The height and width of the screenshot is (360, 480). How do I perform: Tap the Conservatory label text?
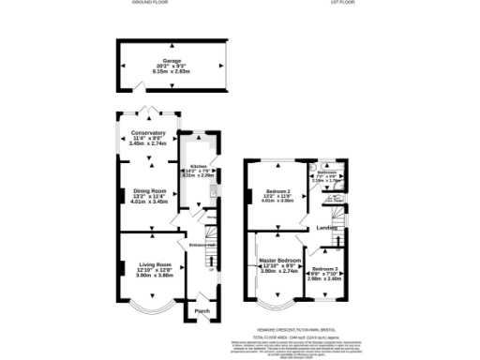[148, 133]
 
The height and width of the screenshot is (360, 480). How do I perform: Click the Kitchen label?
[199, 165]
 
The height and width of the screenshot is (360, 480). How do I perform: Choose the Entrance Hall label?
[203, 246]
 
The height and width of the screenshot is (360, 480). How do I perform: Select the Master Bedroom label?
[280, 260]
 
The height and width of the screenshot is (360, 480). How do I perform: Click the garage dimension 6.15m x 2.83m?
[172, 70]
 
